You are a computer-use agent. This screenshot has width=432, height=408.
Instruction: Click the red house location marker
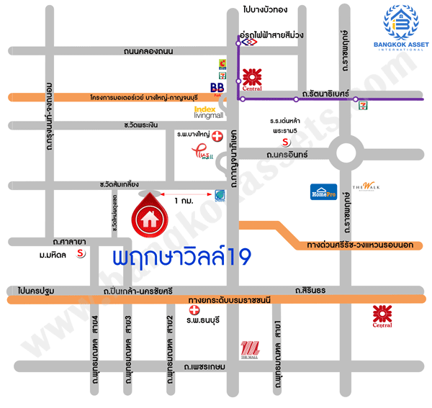point(150,213)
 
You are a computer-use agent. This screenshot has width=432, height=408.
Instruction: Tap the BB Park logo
point(216,87)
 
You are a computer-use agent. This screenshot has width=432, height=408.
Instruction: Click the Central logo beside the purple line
point(252,79)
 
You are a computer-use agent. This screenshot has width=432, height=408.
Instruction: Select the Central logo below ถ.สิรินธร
point(382,315)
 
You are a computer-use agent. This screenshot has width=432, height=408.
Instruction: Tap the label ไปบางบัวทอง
point(266,9)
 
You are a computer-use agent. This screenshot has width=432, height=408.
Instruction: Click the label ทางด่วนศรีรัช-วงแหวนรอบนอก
point(359,245)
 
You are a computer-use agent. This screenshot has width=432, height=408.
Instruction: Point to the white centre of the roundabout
point(351,153)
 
